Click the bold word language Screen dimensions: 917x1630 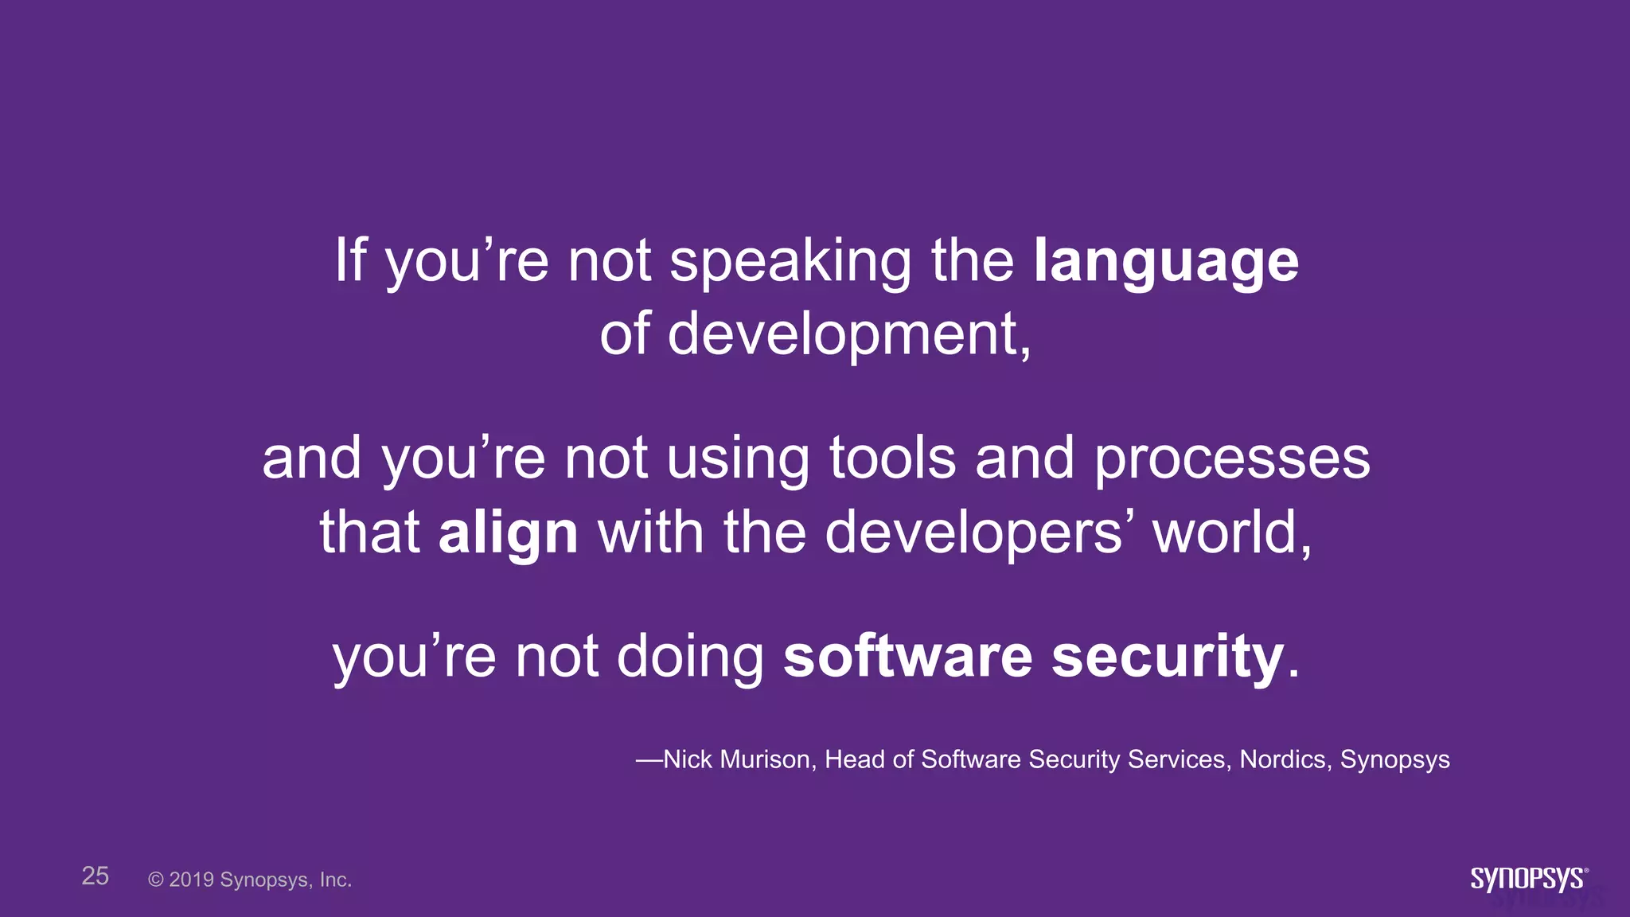[x=1165, y=263]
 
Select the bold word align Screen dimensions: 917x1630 [x=508, y=533]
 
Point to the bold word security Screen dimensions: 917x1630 [x=1168, y=657]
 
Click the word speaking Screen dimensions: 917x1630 [x=790, y=263]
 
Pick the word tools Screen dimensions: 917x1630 [x=892, y=459]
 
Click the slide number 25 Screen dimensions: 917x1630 [x=96, y=876]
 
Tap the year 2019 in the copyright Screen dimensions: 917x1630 [x=191, y=880]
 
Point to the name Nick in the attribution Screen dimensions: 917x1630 [x=688, y=759]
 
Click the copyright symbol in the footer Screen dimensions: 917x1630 [x=156, y=880]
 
